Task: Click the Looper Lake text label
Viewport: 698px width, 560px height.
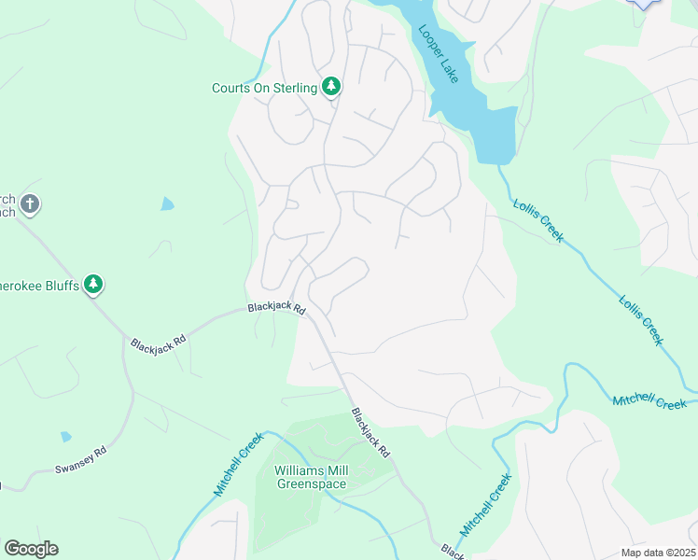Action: click(x=439, y=54)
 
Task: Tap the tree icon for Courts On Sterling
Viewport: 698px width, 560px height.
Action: click(x=330, y=87)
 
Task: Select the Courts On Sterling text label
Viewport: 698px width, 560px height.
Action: click(x=265, y=89)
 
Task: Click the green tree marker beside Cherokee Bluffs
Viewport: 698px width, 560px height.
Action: click(x=92, y=284)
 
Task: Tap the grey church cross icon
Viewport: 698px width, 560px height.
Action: click(x=30, y=203)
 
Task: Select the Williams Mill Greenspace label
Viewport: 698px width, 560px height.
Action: click(x=311, y=477)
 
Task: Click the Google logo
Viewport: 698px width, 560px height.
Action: click(x=31, y=548)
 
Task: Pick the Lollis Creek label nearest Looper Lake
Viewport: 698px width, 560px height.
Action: click(x=538, y=221)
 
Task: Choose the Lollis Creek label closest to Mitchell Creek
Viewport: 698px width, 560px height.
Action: click(x=640, y=320)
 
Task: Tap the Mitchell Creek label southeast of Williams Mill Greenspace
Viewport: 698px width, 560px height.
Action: click(x=486, y=504)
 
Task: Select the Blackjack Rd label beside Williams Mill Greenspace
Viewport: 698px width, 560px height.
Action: click(x=370, y=432)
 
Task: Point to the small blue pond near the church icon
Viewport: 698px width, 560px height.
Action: click(x=166, y=203)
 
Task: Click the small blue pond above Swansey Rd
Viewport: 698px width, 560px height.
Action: click(x=64, y=436)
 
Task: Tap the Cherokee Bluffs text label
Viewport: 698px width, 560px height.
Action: click(x=37, y=284)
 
